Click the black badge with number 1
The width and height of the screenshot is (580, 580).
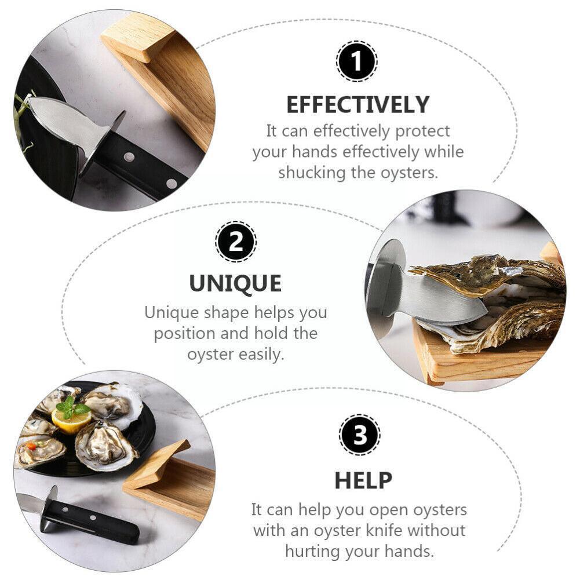pyautogui.click(x=356, y=61)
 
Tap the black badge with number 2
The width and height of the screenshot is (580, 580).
pyautogui.click(x=236, y=241)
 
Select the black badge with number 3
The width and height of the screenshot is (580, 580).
pyautogui.click(x=360, y=435)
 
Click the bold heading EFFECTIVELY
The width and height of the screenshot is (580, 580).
pyautogui.click(x=358, y=105)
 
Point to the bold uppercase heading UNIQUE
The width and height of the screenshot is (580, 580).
pyautogui.click(x=235, y=284)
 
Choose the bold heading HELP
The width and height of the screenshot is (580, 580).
pyautogui.click(x=363, y=480)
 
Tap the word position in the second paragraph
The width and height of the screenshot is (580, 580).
pyautogui.click(x=192, y=334)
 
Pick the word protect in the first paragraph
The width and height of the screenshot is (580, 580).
pyautogui.click(x=422, y=132)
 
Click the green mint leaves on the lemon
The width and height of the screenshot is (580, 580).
pyautogui.click(x=70, y=407)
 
